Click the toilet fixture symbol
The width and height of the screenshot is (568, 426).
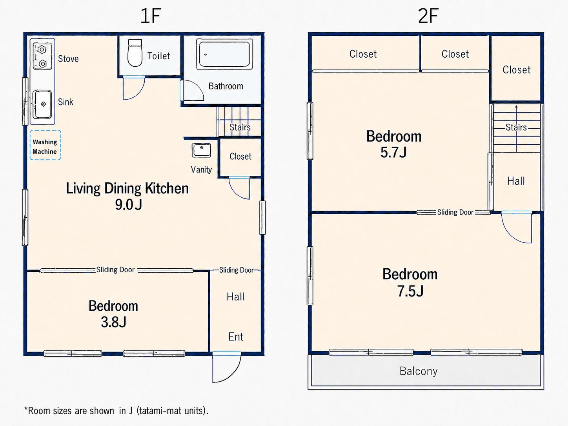point(135,53)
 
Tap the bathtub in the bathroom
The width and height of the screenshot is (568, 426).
point(225,54)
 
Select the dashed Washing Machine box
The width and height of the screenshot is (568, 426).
point(45,145)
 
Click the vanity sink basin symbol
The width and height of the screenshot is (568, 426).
point(201,150)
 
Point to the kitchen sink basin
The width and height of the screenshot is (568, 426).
point(43,104)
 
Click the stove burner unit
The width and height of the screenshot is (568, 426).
point(42,56)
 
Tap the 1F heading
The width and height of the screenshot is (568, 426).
point(151,16)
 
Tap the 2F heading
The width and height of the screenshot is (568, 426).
point(428,16)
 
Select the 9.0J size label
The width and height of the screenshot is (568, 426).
point(129,205)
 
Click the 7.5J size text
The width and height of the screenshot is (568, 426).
point(410,291)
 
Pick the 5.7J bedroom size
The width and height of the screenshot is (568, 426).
point(393,152)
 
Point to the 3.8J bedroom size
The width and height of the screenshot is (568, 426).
point(114,322)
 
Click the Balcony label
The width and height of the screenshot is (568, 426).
point(419,371)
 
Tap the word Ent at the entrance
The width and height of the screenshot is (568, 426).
point(236,337)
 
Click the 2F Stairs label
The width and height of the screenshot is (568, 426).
point(516,127)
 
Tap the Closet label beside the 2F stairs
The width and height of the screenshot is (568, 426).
point(517,70)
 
